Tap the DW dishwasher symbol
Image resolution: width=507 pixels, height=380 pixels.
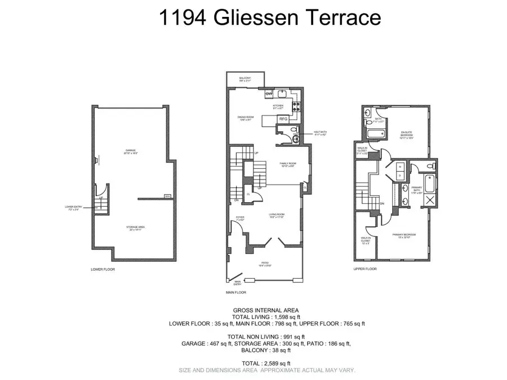[x=269, y=93]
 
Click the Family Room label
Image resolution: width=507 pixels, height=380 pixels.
[x=288, y=164]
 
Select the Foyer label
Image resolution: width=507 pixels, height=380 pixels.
[x=240, y=217]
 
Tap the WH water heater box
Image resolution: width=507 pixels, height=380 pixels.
[x=167, y=196]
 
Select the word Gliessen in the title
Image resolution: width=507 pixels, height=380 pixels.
[x=250, y=17]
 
